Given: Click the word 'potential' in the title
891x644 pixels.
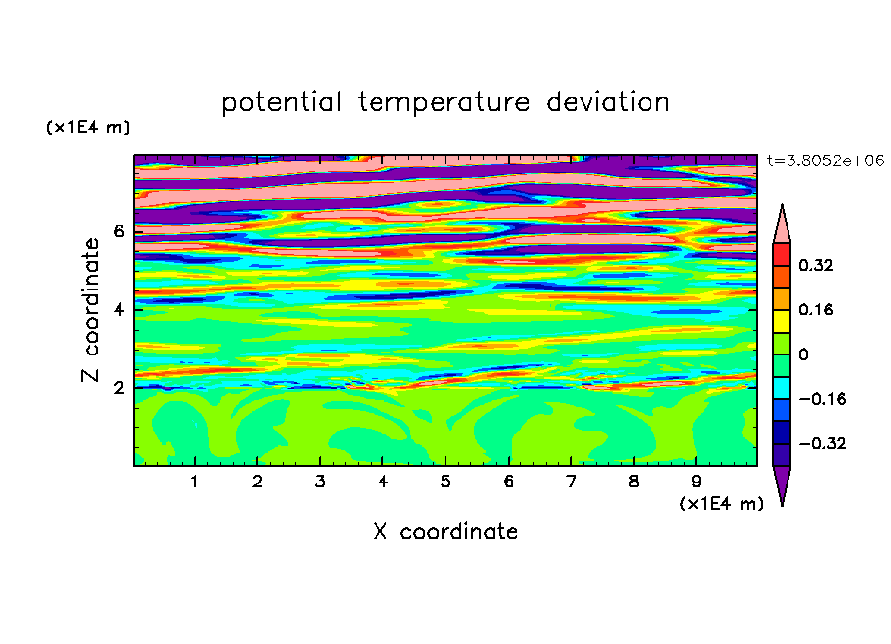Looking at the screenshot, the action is coord(281,103).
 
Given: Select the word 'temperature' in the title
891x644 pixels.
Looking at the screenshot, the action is coord(444,102).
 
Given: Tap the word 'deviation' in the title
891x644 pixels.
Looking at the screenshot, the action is coord(608,101).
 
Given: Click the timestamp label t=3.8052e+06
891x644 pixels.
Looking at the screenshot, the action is coord(825,161).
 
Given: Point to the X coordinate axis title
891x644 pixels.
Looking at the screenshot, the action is coord(445,531).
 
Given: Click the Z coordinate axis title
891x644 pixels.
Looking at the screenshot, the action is coord(91,309).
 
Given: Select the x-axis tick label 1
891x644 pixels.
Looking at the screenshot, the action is coord(194,482).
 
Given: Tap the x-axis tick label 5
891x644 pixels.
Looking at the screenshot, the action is coord(445,482).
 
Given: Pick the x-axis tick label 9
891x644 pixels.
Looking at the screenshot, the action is coord(696,482).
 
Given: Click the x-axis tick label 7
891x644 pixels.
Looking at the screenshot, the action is coord(571,482).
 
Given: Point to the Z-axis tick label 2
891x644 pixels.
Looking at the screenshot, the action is coord(118,387).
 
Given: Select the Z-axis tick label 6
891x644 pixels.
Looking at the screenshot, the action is coord(118,231).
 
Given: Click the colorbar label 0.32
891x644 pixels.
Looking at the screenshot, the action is coord(816,265).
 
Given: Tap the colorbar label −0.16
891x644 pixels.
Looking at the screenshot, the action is coord(822,399).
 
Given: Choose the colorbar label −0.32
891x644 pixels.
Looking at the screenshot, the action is coord(822,443).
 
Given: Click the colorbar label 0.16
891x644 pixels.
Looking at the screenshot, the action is coord(816,309).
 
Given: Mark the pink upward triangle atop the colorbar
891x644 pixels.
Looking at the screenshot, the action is coord(782,227).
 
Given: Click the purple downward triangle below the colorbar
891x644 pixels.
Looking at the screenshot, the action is coord(782,483).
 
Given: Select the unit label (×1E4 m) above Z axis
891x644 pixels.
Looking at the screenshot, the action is coord(88,127).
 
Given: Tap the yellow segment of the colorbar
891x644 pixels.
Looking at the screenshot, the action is coord(782,321).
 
